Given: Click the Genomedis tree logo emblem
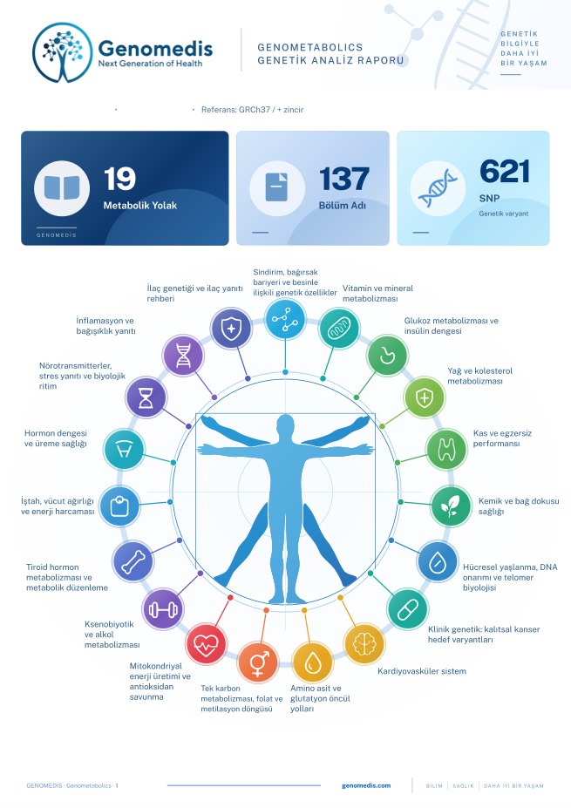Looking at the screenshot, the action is [x=63, y=52].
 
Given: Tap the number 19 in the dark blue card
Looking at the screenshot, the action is [x=119, y=179].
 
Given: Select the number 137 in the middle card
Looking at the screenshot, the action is [x=343, y=179].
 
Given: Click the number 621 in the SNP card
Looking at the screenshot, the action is [x=505, y=172].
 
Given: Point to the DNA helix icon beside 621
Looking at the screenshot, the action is [x=438, y=188].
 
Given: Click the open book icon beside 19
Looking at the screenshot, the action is [x=62, y=188].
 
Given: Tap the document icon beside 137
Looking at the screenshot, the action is [x=276, y=187].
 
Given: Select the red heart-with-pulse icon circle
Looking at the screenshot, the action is [x=206, y=643].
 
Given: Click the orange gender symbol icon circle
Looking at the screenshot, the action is [x=258, y=662].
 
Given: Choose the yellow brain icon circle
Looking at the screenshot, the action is [x=364, y=643].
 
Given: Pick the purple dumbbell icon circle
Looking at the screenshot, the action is [x=163, y=609].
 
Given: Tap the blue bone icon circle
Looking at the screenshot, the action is [x=133, y=561].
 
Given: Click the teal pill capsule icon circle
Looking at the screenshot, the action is [x=408, y=609].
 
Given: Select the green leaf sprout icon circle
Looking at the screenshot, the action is [x=451, y=506].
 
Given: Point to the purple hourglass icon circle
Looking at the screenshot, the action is [x=146, y=397].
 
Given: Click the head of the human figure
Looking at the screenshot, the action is [x=285, y=427].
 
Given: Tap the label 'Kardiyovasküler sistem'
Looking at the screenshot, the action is [x=422, y=671].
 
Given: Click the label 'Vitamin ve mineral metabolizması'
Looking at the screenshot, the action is [x=377, y=293].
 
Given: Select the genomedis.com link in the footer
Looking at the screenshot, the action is [x=366, y=786].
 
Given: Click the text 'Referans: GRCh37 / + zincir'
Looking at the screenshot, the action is [x=253, y=110].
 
